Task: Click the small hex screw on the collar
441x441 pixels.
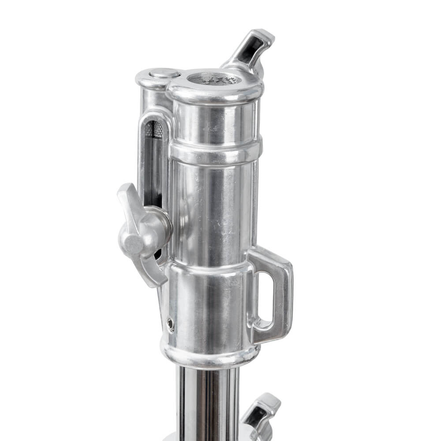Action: coord(170,325)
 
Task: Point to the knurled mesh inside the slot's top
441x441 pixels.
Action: coord(154,129)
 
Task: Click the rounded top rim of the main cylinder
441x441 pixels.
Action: coord(215,93)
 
